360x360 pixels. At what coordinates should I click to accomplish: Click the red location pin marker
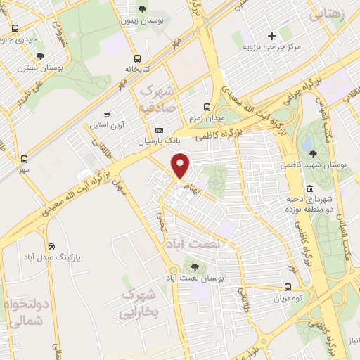181,165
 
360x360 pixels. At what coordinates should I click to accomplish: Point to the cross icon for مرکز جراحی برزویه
271,35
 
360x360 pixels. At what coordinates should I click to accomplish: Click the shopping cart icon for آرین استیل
107,115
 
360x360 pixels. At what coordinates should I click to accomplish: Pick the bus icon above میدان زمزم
206,107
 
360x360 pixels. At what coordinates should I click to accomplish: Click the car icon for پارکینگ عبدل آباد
53,247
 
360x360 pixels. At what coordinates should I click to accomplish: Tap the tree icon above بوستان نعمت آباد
193,267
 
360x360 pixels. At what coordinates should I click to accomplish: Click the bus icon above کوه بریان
288,287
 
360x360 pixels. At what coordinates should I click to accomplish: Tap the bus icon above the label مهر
25,159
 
